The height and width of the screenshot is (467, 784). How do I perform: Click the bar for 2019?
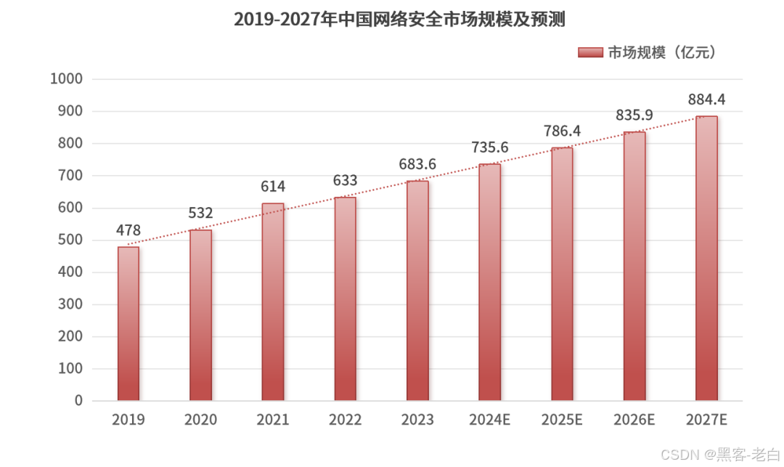pos(128,324)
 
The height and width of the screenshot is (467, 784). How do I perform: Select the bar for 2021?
pos(273,302)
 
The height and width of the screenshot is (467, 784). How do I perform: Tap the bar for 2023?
pos(417,291)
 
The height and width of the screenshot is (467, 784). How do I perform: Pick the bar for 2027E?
pos(706,259)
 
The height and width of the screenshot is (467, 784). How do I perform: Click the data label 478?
pos(128,230)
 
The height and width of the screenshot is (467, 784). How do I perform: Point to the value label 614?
pos(273,187)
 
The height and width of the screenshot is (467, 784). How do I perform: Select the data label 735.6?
pos(489,147)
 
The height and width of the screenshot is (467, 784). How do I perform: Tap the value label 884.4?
pos(706,100)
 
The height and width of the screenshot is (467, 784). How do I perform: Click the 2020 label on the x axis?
pos(200,420)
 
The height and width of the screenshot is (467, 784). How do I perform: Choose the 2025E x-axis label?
pos(562,420)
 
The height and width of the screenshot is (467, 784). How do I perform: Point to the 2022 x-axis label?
pos(345,420)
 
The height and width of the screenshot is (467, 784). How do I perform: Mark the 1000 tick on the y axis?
pos(66,79)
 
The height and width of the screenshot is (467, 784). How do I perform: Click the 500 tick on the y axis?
pos(70,240)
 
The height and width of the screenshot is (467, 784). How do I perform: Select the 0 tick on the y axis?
pos(78,401)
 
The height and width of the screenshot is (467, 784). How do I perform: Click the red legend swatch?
pos(591,52)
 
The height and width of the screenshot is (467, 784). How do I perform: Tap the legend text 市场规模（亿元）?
pos(661,52)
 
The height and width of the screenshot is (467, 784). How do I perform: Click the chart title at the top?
pos(399,20)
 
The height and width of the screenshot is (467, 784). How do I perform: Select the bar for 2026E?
pos(634,267)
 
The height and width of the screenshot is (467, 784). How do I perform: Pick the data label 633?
pos(345,181)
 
